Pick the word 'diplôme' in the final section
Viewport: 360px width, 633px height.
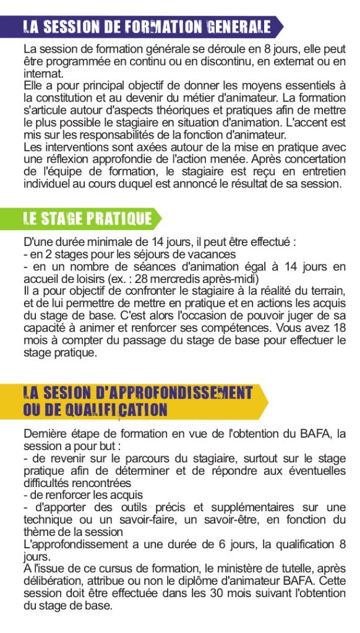pos(192,581)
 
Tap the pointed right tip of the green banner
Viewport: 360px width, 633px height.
pos(160,218)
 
